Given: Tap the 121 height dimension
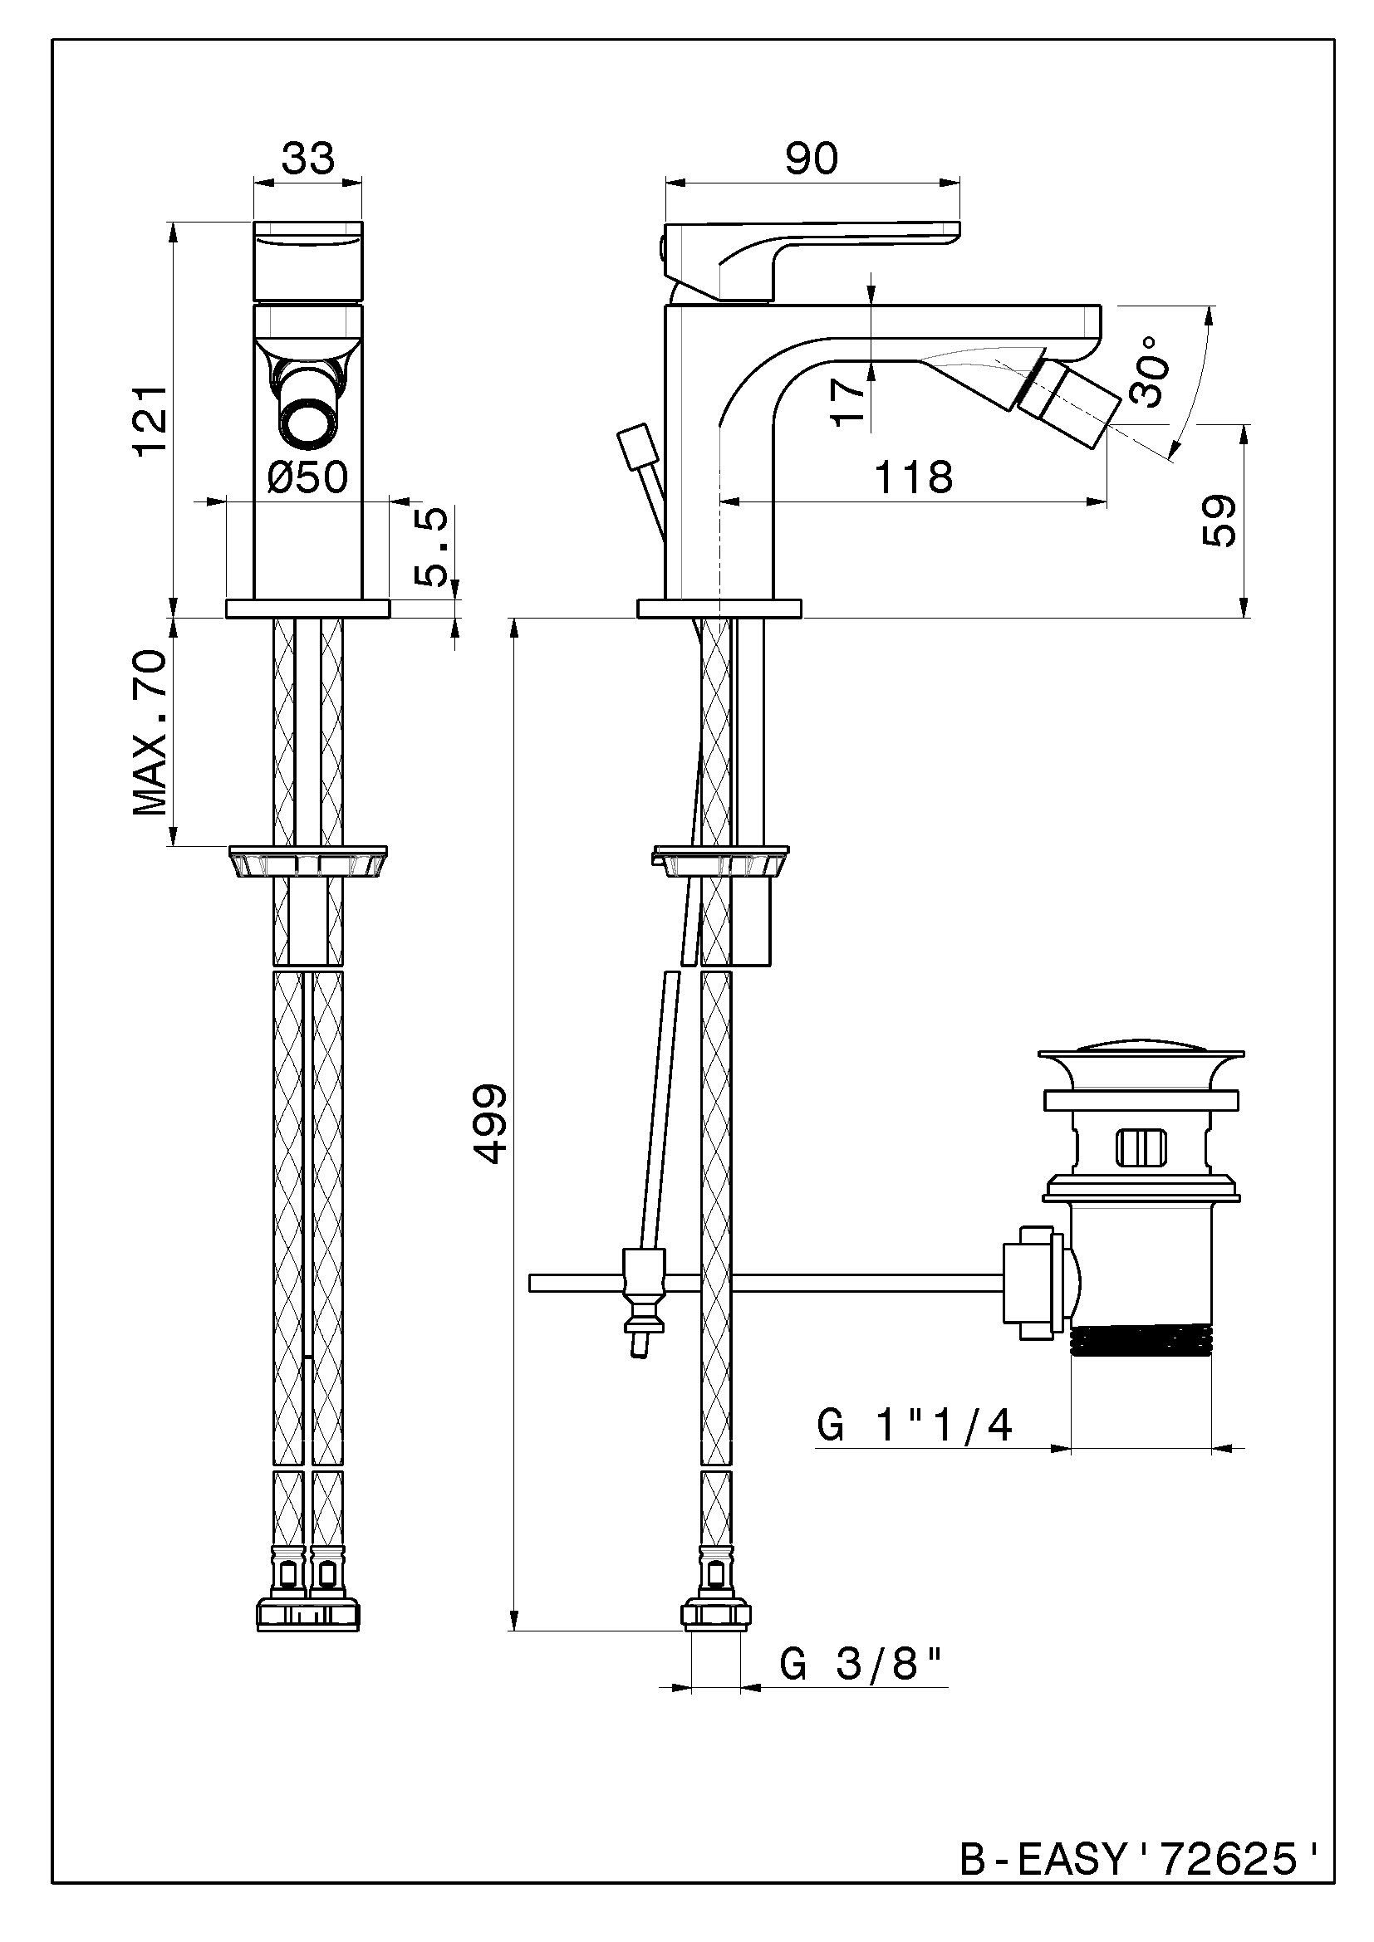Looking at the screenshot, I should pos(152,420).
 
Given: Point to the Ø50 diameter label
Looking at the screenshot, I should pos(307,477).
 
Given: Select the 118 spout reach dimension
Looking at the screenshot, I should pos(913,477).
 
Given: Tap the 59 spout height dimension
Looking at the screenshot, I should pos(1219,521).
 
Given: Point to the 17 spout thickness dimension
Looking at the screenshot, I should pos(850,400).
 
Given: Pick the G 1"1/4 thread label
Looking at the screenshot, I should pos(915,1426).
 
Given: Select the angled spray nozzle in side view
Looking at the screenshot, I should pos(1067,408).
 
